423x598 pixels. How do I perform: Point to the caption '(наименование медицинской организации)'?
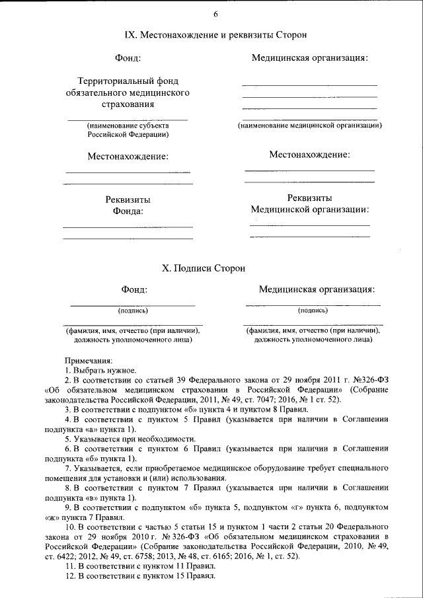[309, 125]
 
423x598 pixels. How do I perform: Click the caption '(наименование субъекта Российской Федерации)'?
[128, 130]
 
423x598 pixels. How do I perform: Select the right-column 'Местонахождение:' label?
[309, 155]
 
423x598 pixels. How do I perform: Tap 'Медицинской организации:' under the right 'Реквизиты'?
[309, 209]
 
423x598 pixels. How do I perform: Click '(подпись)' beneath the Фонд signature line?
[133, 310]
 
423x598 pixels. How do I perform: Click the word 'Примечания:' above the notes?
[89, 361]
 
